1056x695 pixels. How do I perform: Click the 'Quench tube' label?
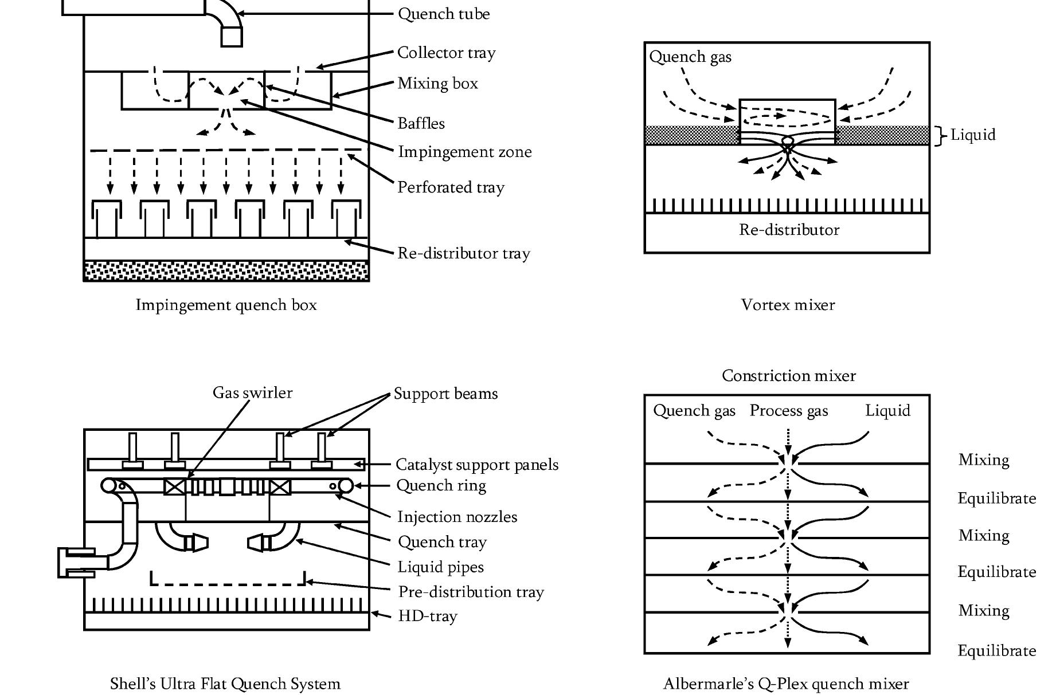click(444, 14)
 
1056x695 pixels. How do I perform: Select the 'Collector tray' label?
click(446, 53)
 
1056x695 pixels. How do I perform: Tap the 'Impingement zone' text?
click(464, 152)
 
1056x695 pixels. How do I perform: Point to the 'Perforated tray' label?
click(451, 187)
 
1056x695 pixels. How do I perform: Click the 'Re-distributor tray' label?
click(463, 253)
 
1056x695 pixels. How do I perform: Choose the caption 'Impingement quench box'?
click(226, 305)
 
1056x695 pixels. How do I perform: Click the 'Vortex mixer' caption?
click(788, 305)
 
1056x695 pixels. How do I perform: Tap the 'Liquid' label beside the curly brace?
click(973, 135)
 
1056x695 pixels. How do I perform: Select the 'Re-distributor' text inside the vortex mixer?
click(789, 230)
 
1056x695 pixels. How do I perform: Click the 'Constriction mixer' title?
click(788, 376)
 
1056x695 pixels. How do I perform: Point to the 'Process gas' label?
click(789, 411)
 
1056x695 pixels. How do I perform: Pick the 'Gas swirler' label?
click(252, 392)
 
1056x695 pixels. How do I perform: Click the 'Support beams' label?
click(445, 394)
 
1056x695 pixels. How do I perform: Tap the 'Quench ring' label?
click(441, 485)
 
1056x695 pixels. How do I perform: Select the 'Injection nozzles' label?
click(457, 517)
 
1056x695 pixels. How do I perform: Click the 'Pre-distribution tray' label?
click(471, 592)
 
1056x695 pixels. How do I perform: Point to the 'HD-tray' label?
click(428, 617)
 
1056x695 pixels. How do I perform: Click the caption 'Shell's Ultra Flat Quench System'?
click(225, 684)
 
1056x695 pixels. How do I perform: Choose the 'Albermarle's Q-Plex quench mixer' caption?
click(786, 684)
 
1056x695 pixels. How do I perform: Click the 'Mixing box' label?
click(437, 84)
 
